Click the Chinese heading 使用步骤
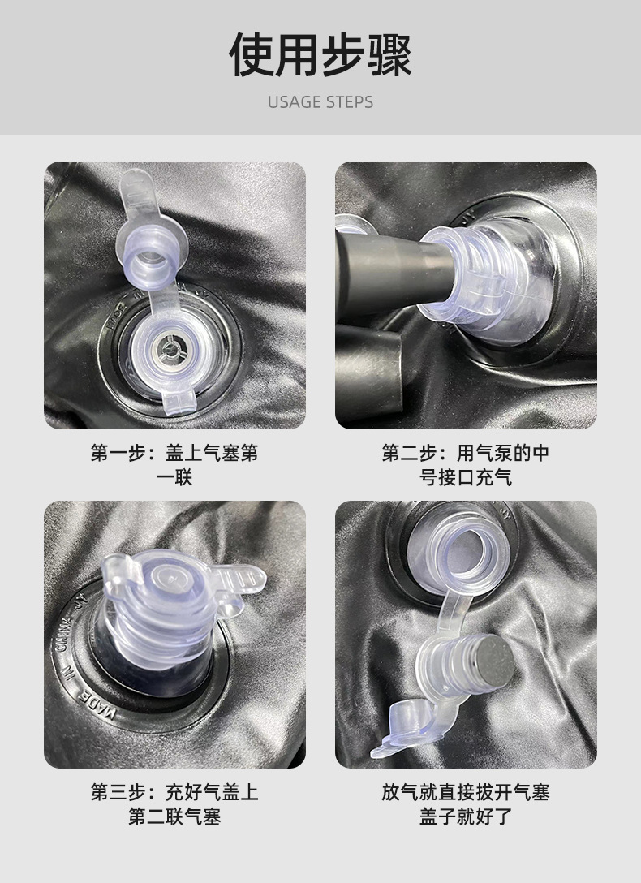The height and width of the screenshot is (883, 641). point(320,54)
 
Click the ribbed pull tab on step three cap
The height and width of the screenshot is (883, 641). point(239,580)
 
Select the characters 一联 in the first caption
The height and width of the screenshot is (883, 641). point(174,477)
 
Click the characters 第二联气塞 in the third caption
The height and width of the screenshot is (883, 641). point(174,816)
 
